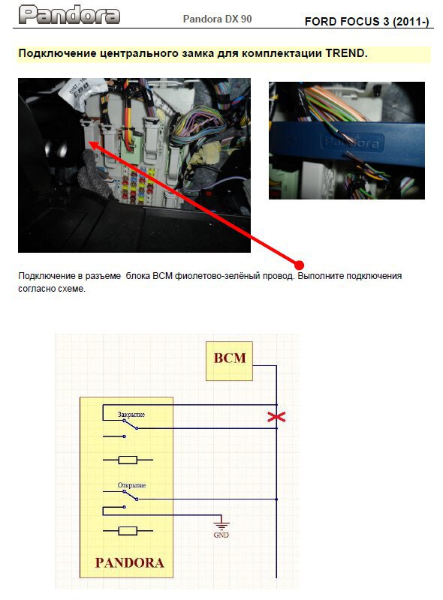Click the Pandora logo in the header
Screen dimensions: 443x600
[x=69, y=15]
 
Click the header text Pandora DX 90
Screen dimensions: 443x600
[x=217, y=19]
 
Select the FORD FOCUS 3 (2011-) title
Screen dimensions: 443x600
[x=366, y=22]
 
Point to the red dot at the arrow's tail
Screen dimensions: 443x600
[x=300, y=265]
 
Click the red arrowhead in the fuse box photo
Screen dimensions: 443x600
[x=95, y=145]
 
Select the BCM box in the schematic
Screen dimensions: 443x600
[x=229, y=361]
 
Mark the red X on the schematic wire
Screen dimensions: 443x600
[x=276, y=417]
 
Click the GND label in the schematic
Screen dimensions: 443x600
[x=221, y=535]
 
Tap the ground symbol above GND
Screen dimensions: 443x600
[x=221, y=523]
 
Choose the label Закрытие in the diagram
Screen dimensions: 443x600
[x=131, y=415]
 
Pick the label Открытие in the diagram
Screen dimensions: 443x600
[x=131, y=485]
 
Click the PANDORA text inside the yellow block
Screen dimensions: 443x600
[x=130, y=562]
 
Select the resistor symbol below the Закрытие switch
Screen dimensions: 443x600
[x=128, y=460]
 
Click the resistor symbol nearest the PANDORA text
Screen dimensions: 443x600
[x=128, y=531]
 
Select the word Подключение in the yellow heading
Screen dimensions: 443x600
[x=58, y=53]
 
